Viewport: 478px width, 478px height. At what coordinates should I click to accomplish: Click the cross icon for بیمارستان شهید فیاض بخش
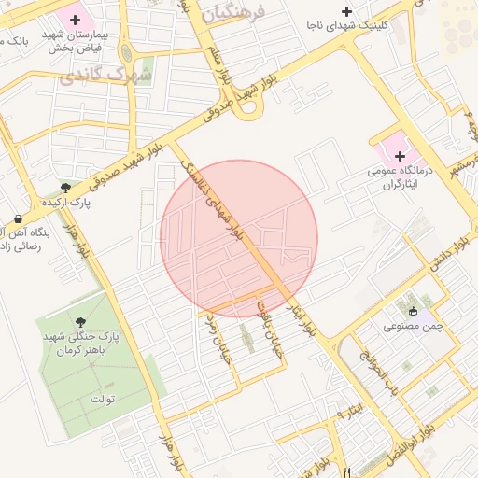75,20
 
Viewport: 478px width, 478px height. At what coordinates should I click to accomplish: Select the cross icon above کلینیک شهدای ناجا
348,12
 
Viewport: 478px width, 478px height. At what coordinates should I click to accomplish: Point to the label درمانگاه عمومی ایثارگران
401,178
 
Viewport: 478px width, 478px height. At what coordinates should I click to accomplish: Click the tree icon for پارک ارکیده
64,186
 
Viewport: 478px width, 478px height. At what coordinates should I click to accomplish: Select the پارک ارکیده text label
64,202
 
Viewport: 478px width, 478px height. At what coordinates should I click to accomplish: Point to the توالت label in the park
101,401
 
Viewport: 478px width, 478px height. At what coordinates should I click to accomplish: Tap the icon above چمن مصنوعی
413,310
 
